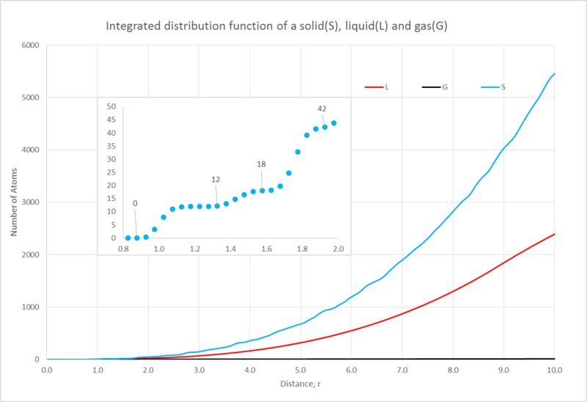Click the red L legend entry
(378, 87)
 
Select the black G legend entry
(434, 87)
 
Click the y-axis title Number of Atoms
(14, 202)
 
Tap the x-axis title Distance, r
(300, 384)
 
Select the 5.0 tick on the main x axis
(300, 370)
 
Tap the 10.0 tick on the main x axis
(554, 370)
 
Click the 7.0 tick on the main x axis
(402, 370)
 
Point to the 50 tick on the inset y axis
(112, 106)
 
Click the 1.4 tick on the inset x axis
(230, 250)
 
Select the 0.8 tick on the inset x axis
(123, 250)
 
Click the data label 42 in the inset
(322, 109)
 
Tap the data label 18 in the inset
(261, 164)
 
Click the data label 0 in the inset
(135, 203)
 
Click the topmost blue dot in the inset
(334, 123)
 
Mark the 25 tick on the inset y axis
(112, 172)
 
